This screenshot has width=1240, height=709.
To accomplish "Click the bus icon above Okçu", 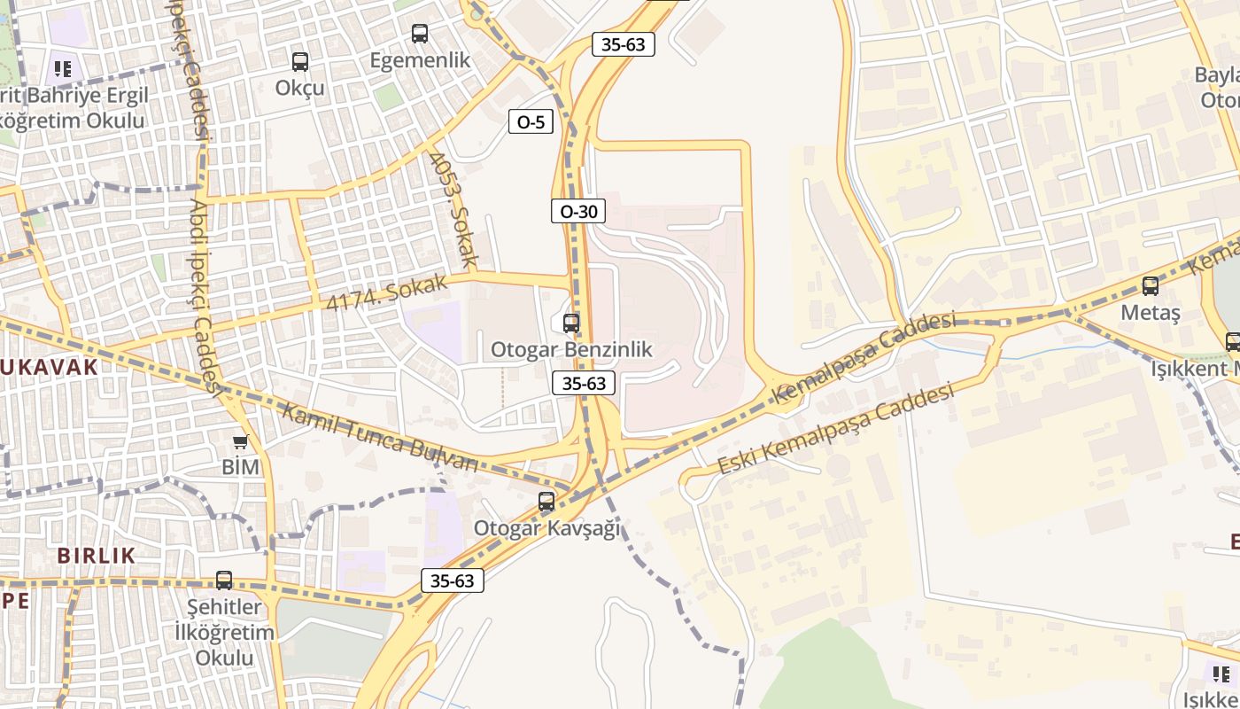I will point(300,62).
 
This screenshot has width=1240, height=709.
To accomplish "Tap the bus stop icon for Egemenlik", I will point(420,34).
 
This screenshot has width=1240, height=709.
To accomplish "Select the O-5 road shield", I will point(531,122).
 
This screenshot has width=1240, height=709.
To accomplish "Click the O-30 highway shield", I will point(578,211).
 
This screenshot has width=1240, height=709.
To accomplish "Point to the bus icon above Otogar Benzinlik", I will point(571,323).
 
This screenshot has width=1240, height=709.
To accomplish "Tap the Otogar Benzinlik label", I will point(571,349).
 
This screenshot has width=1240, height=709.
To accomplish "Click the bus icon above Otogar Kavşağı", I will point(546,502).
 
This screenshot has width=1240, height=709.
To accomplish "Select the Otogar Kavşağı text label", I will point(546,528).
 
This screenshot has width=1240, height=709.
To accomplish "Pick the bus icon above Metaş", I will point(1151,286).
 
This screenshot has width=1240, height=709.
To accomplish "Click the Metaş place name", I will point(1151,313).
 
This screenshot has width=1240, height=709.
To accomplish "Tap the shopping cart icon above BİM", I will point(240,441).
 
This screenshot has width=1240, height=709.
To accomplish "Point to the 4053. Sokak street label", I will point(453,210).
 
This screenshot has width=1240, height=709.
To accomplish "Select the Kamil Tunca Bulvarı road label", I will point(379,438).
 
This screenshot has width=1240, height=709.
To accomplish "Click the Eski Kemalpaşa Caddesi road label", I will point(835,429).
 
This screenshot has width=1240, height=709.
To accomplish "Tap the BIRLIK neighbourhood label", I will point(97,556).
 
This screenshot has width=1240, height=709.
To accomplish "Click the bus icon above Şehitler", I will point(224,580).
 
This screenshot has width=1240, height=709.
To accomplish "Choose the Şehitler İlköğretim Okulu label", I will point(224,632).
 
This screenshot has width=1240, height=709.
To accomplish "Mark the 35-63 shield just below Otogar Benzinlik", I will point(584,383).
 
